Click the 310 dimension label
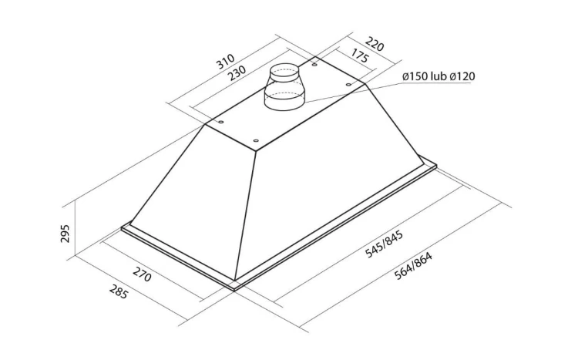tap(225, 62)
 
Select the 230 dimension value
tap(237, 72)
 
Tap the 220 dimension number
tap(375, 45)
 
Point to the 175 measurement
tap(359, 56)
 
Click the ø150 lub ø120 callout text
tap(439, 76)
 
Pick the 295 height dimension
tap(65, 233)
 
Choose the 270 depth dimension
tap(142, 274)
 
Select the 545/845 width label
tap(384, 244)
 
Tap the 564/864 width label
tap(413, 266)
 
